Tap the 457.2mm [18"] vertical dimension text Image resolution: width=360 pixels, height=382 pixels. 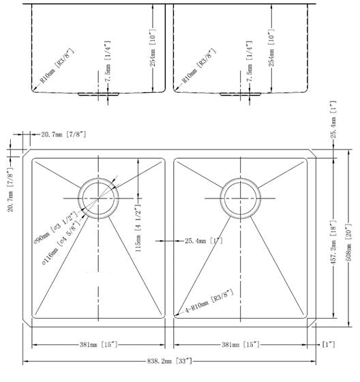click(x=332, y=235)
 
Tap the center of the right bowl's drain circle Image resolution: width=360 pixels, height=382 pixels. click(x=241, y=198)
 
